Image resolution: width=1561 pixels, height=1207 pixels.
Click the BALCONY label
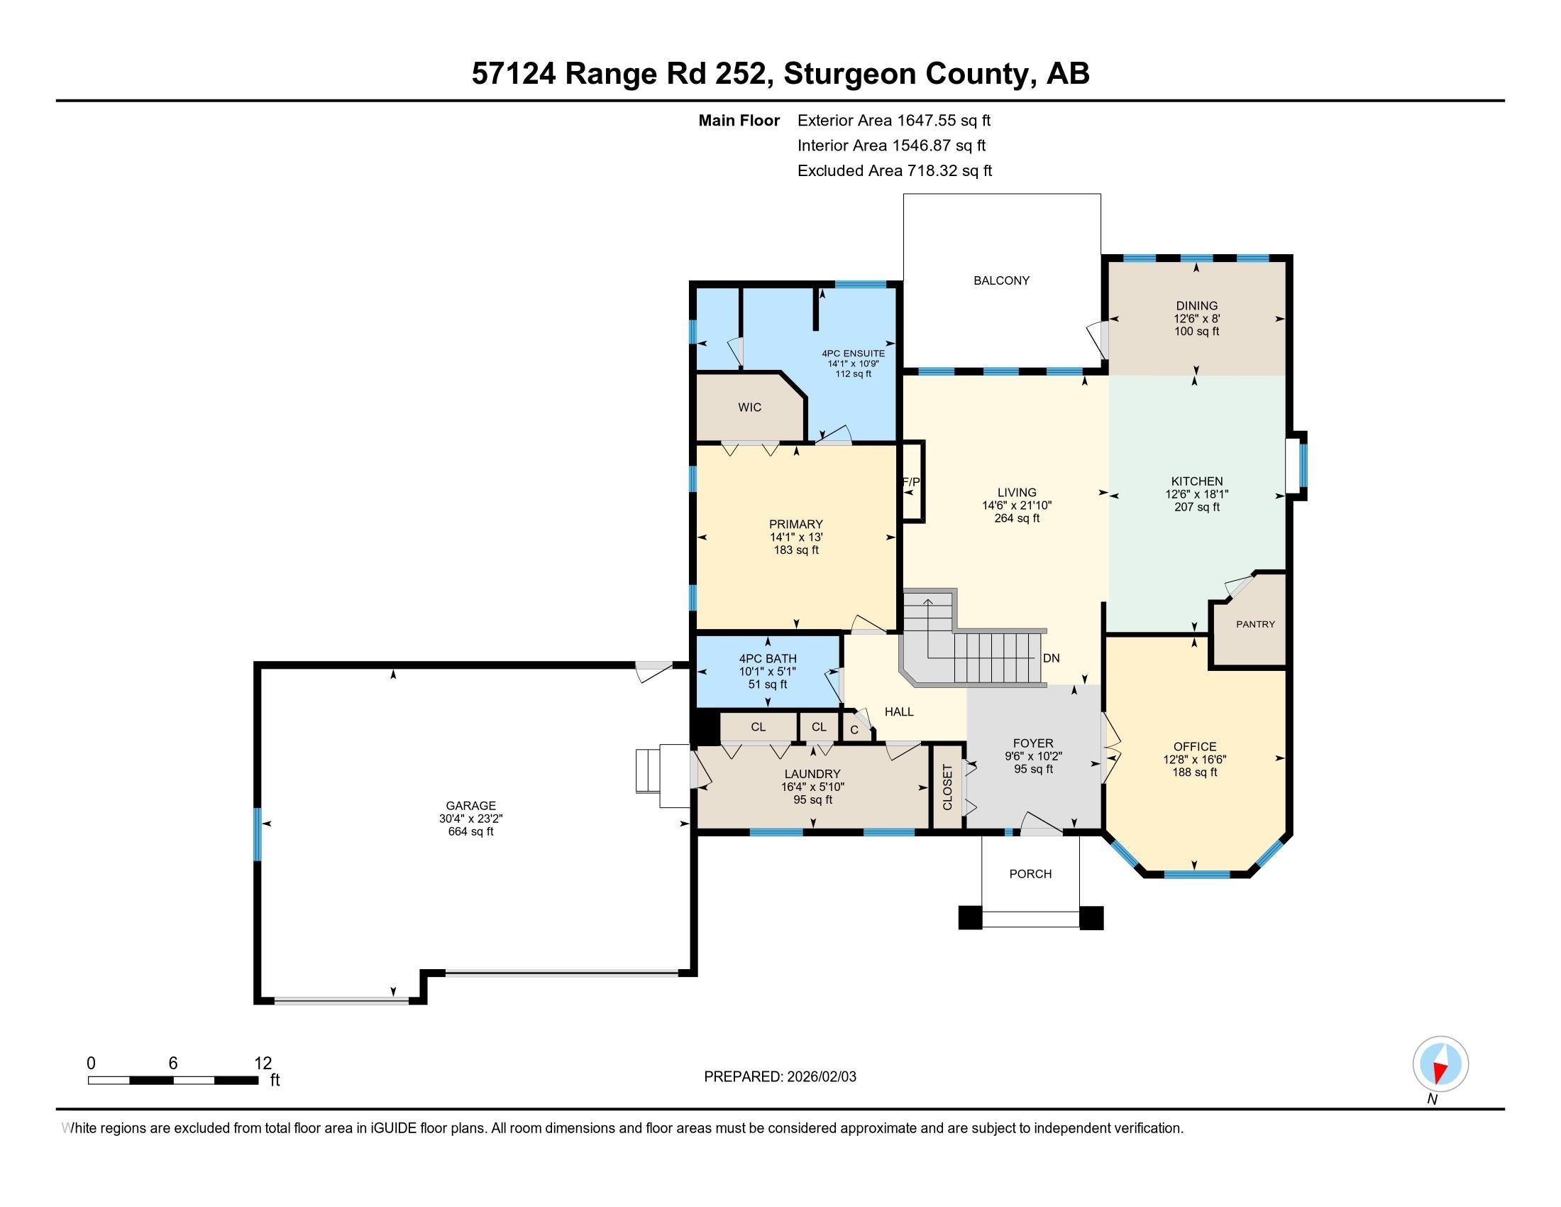pyautogui.click(x=1001, y=280)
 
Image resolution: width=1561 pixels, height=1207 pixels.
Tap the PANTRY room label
pyautogui.click(x=1255, y=623)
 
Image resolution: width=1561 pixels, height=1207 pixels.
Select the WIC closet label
pyautogui.click(x=750, y=407)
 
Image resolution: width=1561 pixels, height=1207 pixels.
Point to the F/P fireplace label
pyautogui.click(x=911, y=482)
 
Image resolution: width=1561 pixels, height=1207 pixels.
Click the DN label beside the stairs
pyautogui.click(x=1051, y=658)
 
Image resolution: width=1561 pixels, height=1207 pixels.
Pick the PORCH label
pyautogui.click(x=1030, y=873)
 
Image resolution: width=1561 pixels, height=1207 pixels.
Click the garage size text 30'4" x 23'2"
pyautogui.click(x=470, y=819)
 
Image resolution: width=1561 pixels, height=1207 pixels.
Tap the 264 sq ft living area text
pyautogui.click(x=1016, y=518)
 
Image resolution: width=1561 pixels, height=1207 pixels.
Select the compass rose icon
pyautogui.click(x=1440, y=1064)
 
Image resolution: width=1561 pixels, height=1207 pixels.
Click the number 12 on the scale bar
pyautogui.click(x=263, y=1063)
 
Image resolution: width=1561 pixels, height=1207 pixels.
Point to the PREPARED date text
pyautogui.click(x=780, y=1076)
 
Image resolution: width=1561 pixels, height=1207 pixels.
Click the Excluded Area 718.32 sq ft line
pyautogui.click(x=894, y=170)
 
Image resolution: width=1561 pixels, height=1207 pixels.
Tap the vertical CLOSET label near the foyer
pyautogui.click(x=948, y=787)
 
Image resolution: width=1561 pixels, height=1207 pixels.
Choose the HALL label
pyautogui.click(x=899, y=711)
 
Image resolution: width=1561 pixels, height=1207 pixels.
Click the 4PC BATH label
pyautogui.click(x=768, y=659)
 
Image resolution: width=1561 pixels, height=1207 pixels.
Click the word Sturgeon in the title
pyautogui.click(x=846, y=74)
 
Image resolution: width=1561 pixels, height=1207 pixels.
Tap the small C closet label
pyautogui.click(x=854, y=730)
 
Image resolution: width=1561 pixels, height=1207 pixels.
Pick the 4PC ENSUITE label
pyautogui.click(x=854, y=354)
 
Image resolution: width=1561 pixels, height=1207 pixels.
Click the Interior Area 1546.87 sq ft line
pyautogui.click(x=891, y=145)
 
